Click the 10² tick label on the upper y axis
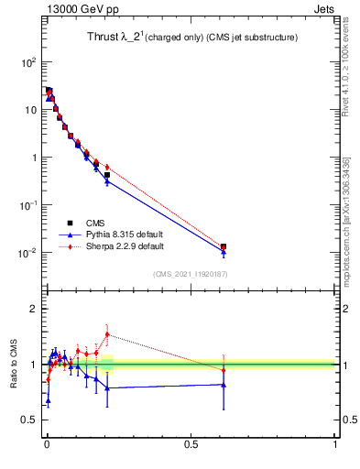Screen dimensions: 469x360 pos(28,62)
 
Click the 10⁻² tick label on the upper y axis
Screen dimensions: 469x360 pos(27,253)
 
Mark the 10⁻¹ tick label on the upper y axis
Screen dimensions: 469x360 pos(27,205)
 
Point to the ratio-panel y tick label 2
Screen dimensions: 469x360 pos(33,309)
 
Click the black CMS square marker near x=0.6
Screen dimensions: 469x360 pos(224,246)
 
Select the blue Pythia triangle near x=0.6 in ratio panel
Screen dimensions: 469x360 pos(224,385)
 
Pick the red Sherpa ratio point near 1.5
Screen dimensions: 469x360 pos(107,334)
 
